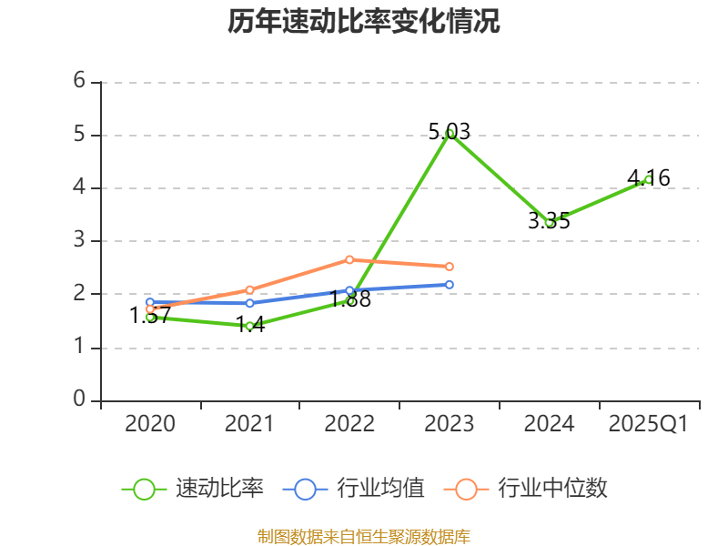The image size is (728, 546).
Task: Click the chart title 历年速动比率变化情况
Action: click(x=363, y=22)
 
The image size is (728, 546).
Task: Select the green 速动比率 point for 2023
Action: click(x=450, y=133)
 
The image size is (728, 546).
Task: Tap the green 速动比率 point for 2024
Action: click(x=549, y=222)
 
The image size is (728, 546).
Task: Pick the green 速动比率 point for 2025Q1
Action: click(x=648, y=179)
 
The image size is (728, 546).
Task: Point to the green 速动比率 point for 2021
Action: click(x=249, y=325)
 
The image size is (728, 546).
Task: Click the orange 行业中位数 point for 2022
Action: click(x=349, y=259)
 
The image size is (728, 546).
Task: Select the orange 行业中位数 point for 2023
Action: click(x=450, y=267)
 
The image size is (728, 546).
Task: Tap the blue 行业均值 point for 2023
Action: click(x=450, y=285)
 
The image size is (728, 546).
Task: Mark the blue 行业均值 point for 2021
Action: click(x=249, y=303)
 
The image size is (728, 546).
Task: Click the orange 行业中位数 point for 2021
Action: click(x=249, y=289)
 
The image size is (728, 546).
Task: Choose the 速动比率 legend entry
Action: click(x=194, y=489)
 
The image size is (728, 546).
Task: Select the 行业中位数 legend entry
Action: click(x=526, y=489)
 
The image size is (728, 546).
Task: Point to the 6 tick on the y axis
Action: click(x=79, y=81)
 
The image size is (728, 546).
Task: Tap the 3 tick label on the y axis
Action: click(x=79, y=240)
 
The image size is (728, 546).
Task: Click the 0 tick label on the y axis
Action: click(x=79, y=399)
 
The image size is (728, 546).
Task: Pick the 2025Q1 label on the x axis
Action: click(x=648, y=424)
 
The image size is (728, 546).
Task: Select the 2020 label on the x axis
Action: click(x=150, y=424)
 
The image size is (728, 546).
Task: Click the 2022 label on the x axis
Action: click(x=349, y=424)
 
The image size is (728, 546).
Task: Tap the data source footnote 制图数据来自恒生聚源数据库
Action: click(x=363, y=536)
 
